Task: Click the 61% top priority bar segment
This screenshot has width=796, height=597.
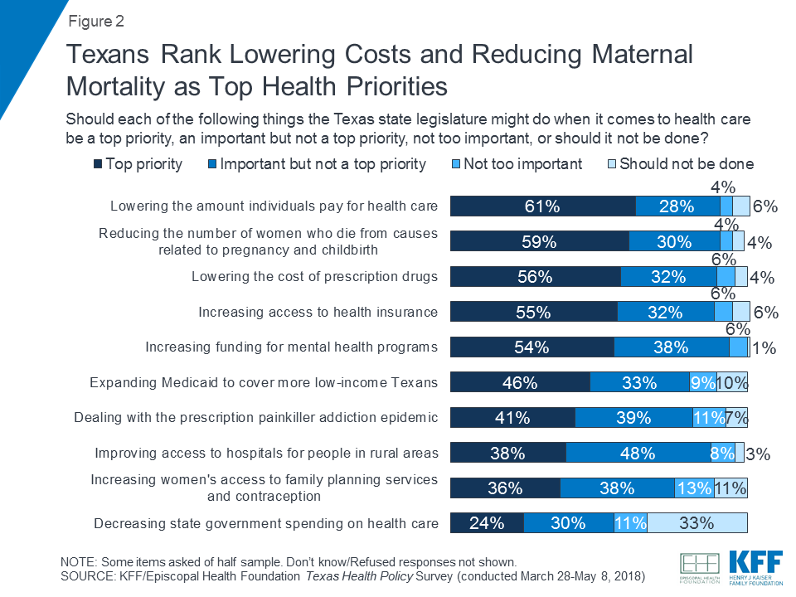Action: [542, 206]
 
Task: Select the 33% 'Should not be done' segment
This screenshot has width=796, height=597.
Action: [697, 523]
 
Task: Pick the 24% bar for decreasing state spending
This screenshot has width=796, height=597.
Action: [487, 523]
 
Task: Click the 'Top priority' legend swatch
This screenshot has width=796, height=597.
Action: [96, 164]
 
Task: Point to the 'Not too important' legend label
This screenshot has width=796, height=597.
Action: [522, 164]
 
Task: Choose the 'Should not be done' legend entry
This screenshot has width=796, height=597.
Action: [686, 164]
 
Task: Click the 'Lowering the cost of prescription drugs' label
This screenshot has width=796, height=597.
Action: [314, 276]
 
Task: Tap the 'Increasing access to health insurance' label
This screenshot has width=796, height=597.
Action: [318, 312]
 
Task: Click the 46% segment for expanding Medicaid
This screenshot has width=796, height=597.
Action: [520, 382]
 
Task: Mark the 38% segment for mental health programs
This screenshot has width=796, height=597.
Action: [672, 347]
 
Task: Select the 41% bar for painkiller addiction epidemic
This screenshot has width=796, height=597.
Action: [512, 418]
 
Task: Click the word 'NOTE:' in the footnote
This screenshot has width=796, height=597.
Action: [81, 561]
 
